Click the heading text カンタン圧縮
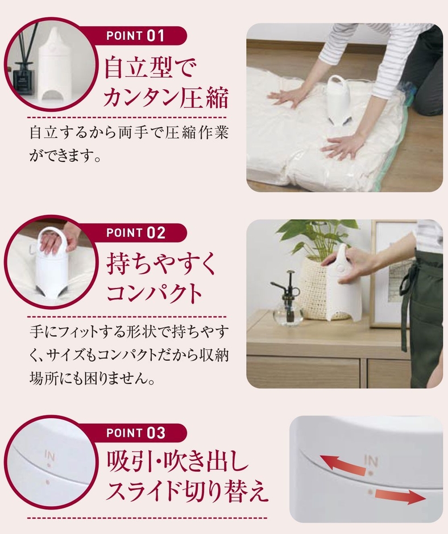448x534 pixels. [x=165, y=98]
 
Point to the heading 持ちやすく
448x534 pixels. [x=162, y=264]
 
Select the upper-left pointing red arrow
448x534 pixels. [x=341, y=463]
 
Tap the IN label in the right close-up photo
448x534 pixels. [x=371, y=458]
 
